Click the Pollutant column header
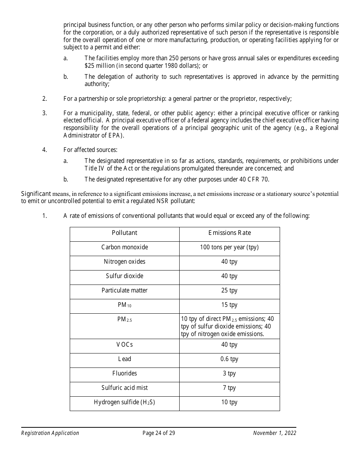[x=124, y=233]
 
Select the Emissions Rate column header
[x=229, y=233]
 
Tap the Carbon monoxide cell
[x=124, y=247]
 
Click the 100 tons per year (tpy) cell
[x=229, y=247]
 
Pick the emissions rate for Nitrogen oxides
[x=229, y=262]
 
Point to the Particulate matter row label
[x=124, y=291]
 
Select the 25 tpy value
[x=229, y=291]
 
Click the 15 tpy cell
[x=229, y=305]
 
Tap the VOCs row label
[x=124, y=345]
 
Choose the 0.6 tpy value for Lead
[x=229, y=359]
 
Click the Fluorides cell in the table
[x=124, y=374]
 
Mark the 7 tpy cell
[x=229, y=388]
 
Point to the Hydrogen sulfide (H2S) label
[x=124, y=402]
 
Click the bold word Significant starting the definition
[x=36, y=194]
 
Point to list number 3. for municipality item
[x=44, y=113]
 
